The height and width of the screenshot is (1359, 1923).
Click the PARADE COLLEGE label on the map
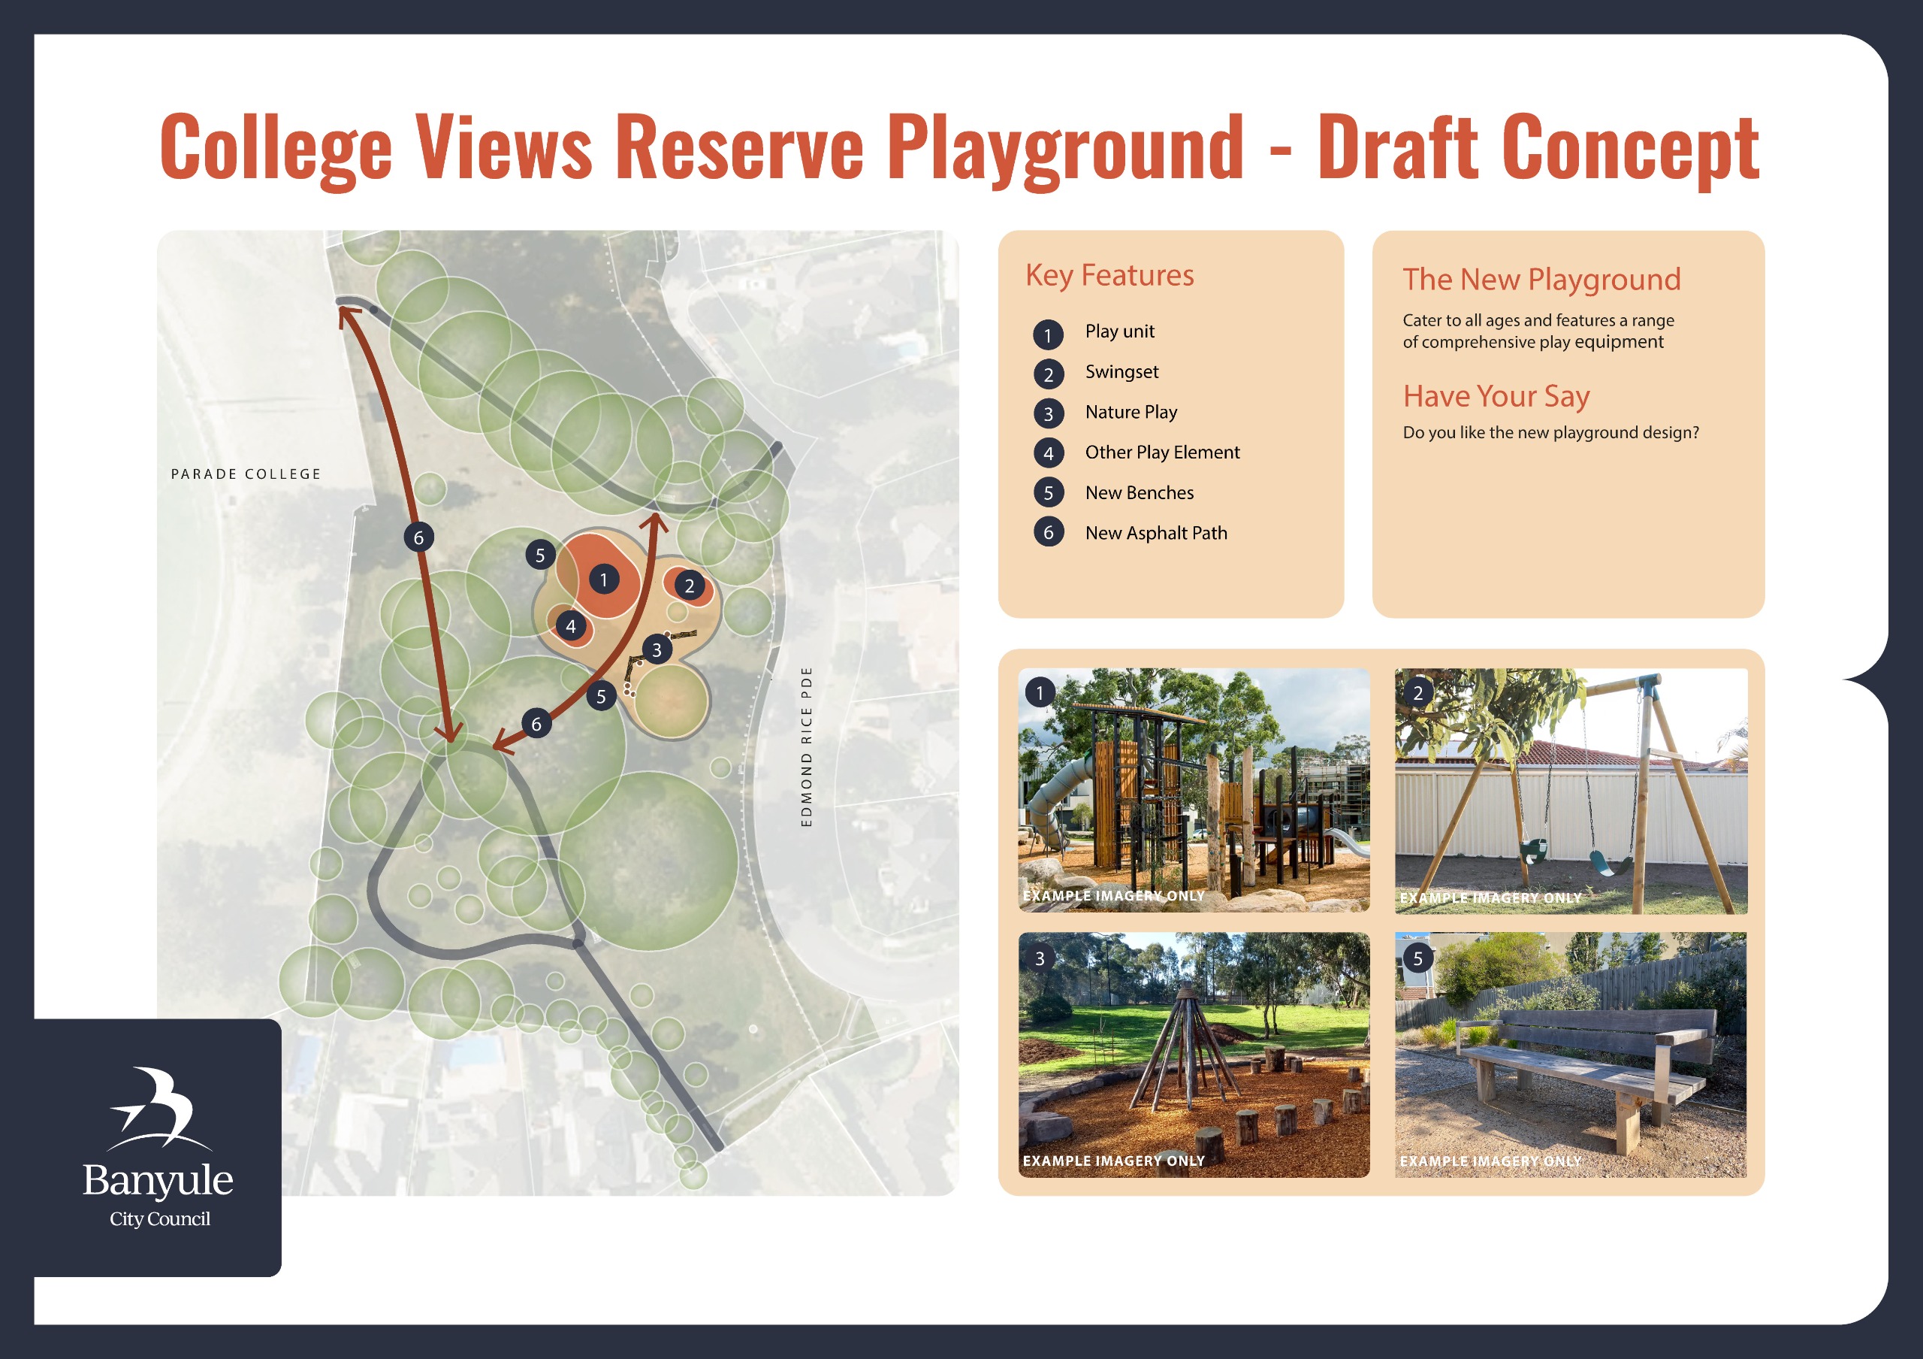click(246, 474)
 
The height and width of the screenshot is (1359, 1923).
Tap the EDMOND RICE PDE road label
click(807, 746)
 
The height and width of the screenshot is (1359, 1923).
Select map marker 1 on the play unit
click(603, 579)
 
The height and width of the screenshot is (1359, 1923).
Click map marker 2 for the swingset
click(690, 586)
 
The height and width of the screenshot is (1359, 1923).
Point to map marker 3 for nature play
click(657, 649)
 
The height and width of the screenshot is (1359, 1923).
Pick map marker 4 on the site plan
click(570, 626)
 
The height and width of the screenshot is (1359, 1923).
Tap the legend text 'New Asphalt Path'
click(1156, 533)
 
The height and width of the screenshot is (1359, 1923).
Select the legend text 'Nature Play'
click(1131, 412)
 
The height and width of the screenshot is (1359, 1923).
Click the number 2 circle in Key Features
click(1048, 374)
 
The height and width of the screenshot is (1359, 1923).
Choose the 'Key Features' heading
click(1109, 276)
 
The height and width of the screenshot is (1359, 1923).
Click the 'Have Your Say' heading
click(1496, 396)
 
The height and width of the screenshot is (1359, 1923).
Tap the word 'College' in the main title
click(276, 149)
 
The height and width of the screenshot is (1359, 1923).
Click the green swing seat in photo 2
click(1610, 864)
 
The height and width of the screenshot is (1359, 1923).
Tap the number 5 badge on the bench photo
click(1417, 958)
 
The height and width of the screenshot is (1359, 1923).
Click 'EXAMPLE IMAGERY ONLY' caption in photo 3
click(1113, 1161)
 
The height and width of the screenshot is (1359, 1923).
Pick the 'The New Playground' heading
click(1541, 280)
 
